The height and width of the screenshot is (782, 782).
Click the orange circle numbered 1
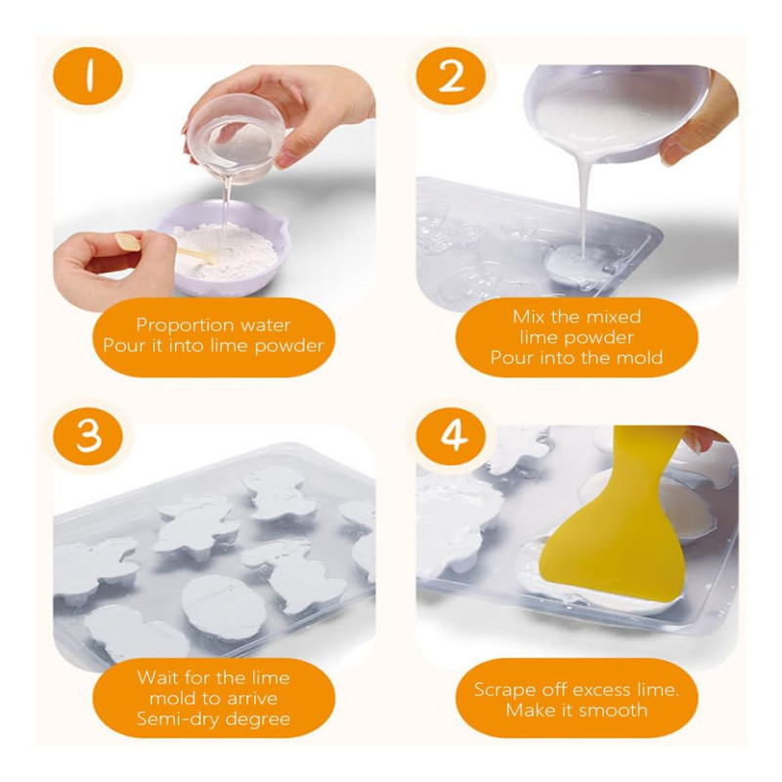click(88, 76)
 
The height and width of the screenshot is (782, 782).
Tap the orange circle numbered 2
click(451, 76)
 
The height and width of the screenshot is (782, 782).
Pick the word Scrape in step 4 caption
click(502, 690)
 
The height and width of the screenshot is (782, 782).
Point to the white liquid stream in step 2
click(585, 204)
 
